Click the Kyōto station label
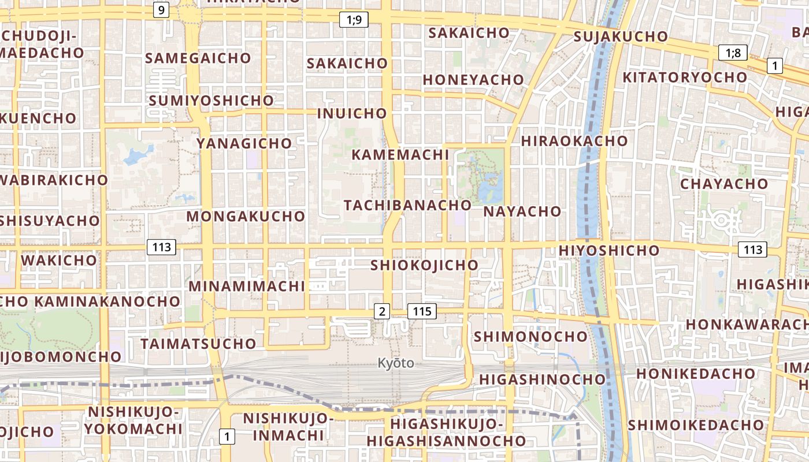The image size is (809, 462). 396,363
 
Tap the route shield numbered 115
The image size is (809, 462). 422,311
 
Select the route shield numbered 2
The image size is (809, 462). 381,311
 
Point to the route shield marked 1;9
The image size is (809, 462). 354,20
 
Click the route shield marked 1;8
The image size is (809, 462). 733,53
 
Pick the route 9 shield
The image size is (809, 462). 161,9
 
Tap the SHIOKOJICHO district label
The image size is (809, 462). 424,265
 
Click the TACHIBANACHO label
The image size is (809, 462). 407,205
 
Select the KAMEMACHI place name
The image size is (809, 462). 400,155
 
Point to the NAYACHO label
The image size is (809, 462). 522,211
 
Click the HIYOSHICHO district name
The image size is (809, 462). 608,251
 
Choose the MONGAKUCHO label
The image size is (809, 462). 246,217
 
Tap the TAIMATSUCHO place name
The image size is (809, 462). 198,344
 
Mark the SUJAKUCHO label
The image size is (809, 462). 621,37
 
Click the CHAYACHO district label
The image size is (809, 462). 724,184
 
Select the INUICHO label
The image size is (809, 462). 352,113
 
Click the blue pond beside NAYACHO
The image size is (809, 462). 490,188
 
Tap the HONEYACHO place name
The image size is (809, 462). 473,80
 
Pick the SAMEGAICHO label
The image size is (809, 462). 198,58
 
